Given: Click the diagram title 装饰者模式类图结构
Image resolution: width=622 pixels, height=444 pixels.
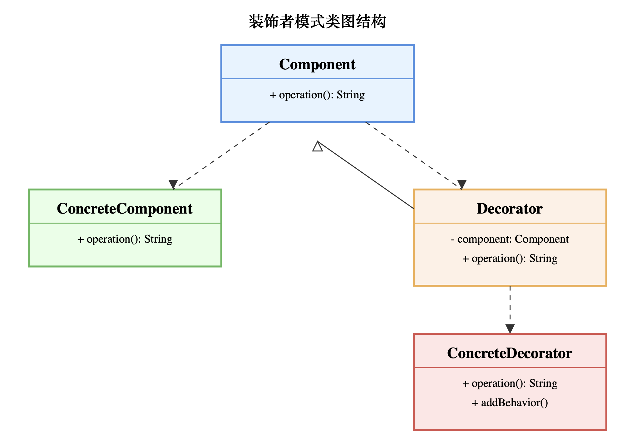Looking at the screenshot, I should [x=317, y=22].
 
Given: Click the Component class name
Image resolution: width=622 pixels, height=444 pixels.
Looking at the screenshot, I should [x=317, y=64].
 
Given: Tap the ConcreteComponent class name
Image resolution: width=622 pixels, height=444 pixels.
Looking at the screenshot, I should [x=125, y=209].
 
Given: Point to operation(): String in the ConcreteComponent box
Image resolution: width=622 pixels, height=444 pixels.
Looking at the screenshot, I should [x=125, y=239].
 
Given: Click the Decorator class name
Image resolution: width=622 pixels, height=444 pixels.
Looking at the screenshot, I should [x=510, y=209].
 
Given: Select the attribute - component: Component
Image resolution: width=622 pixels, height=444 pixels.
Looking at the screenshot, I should [x=510, y=239].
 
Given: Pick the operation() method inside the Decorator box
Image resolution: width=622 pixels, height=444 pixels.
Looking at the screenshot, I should [x=510, y=259].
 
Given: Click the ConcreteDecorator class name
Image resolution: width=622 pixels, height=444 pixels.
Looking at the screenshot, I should [x=510, y=353].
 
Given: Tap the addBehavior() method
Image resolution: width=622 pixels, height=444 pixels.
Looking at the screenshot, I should [x=510, y=403].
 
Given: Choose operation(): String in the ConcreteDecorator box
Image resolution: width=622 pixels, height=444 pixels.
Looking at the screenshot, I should [x=510, y=383].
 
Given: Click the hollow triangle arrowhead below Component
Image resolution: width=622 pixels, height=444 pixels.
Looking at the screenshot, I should [x=318, y=147].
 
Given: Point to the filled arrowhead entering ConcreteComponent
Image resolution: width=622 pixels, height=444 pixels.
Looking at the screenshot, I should [x=173, y=184].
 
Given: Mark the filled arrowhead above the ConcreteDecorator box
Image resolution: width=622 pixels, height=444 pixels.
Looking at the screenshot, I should [x=510, y=329].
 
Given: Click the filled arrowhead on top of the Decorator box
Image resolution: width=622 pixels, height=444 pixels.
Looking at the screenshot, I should [x=462, y=184].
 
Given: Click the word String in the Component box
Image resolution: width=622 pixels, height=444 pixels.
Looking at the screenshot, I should [x=350, y=95].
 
